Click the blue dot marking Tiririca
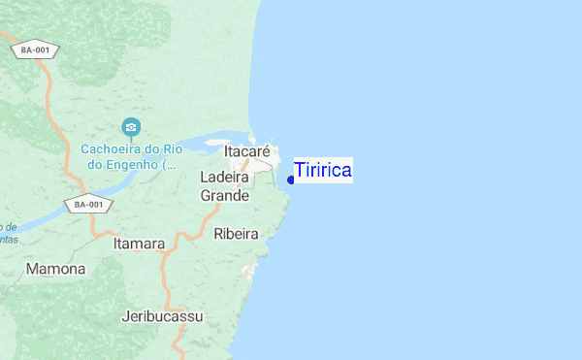click(x=291, y=180)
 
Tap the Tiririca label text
click(x=323, y=171)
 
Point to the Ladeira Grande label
click(x=225, y=186)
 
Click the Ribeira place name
click(x=236, y=234)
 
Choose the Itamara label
click(x=139, y=244)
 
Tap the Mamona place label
click(x=56, y=268)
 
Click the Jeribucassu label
click(x=163, y=316)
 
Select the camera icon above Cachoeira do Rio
click(x=131, y=127)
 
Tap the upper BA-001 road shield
click(x=36, y=49)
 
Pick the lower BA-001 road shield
click(x=89, y=205)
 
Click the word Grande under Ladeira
click(x=225, y=195)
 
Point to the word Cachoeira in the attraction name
click(x=113, y=149)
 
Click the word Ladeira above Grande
click(x=225, y=178)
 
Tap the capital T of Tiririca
click(x=300, y=171)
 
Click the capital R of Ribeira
click(x=218, y=234)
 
